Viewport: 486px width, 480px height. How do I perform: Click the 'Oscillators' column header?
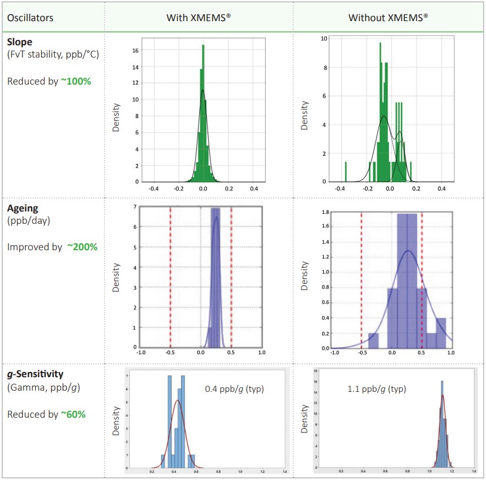pos(30,17)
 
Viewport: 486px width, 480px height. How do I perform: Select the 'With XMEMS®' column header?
pos(198,17)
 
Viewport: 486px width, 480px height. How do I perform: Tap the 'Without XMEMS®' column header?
pos(388,17)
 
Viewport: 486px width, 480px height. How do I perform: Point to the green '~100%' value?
pos(76,81)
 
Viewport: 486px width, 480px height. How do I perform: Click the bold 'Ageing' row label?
pos(24,208)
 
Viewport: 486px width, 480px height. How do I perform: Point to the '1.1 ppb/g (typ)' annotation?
pos(376,389)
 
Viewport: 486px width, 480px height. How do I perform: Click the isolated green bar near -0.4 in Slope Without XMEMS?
pos(346,172)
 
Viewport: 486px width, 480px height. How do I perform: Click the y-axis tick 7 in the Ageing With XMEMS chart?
pos(136,207)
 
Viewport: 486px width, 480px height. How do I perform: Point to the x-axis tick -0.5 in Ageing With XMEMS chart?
pos(170,353)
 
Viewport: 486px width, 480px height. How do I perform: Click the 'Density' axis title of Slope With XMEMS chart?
pos(116,117)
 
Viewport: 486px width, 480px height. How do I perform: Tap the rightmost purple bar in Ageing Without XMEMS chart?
pos(441,333)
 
